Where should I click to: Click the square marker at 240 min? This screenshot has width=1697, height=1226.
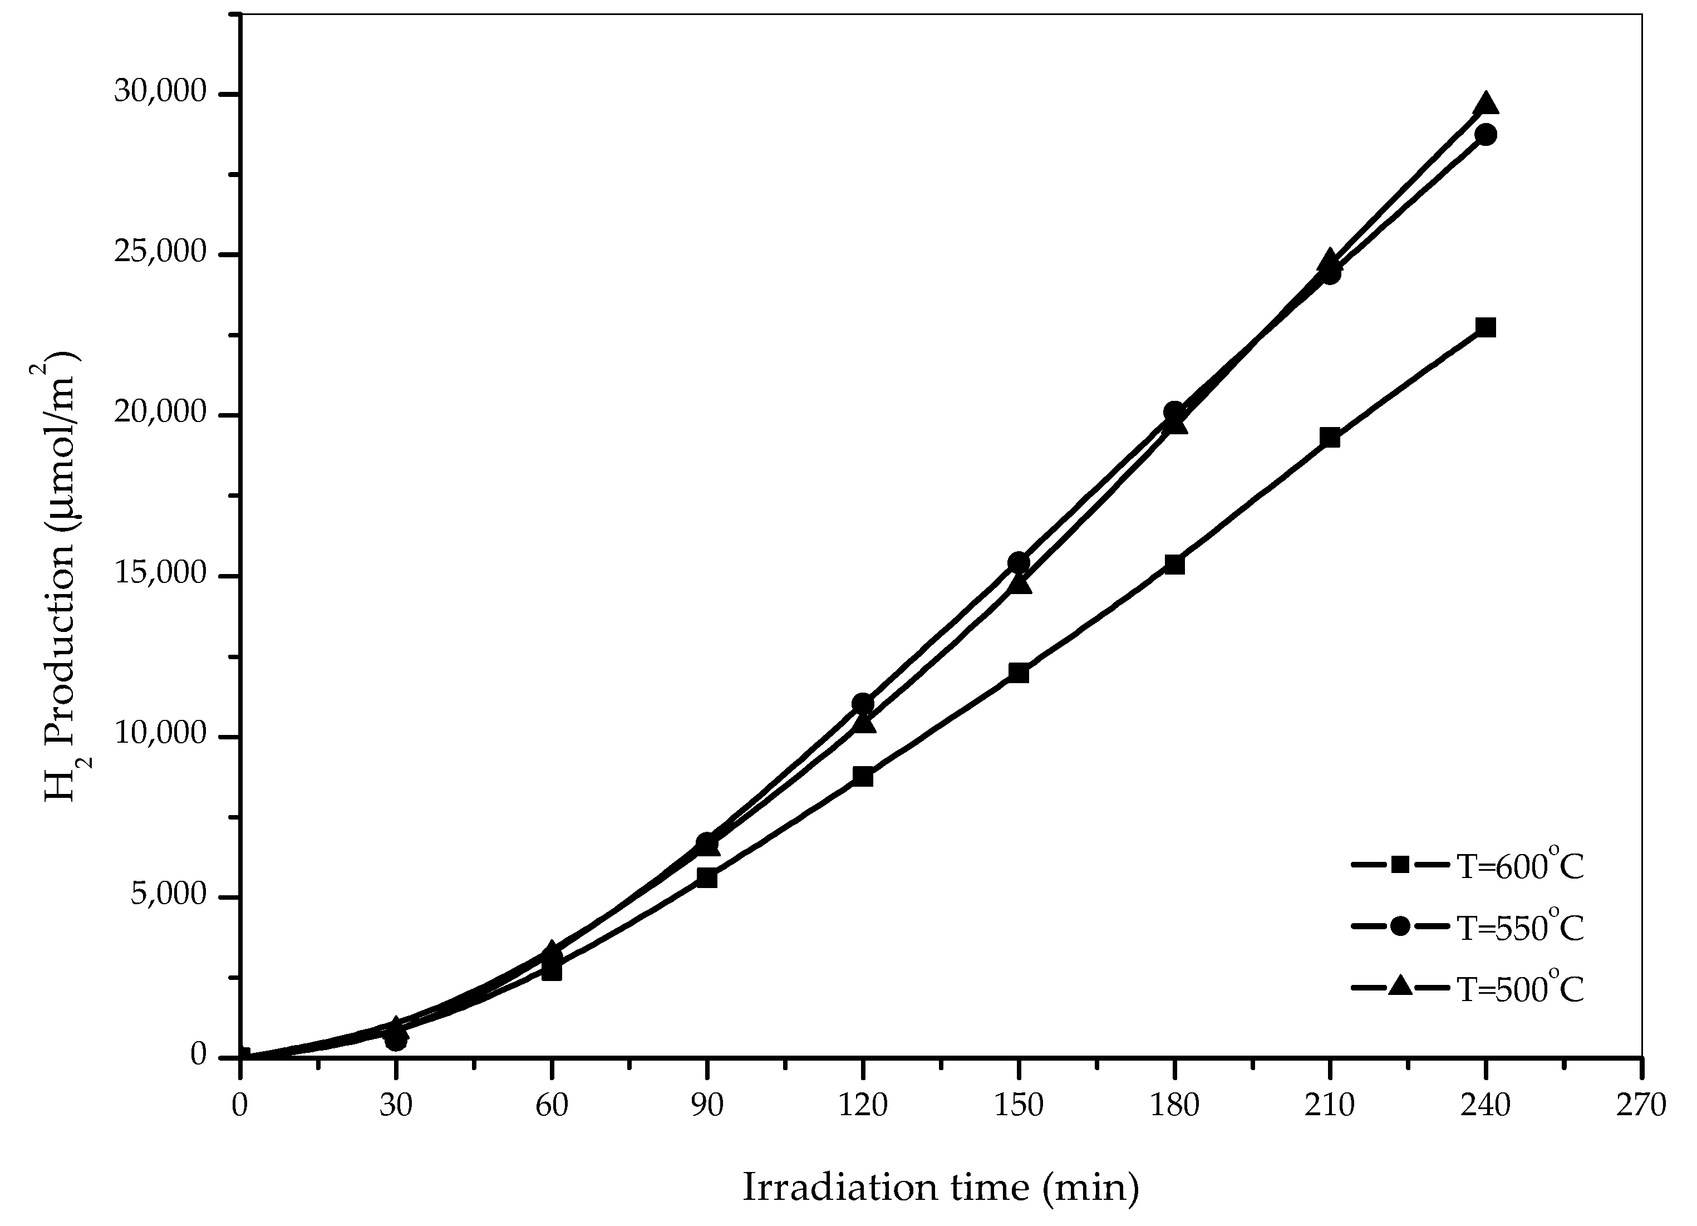tap(1486, 327)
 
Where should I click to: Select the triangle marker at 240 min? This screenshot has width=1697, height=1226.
tap(1486, 104)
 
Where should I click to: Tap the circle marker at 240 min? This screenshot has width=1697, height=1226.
tap(1486, 135)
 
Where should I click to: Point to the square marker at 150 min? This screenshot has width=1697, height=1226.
tap(1019, 673)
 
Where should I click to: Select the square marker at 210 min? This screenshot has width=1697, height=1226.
tap(1330, 438)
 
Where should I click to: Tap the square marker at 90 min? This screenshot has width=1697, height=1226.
tap(707, 878)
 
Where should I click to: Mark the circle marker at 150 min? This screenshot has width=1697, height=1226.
tap(1019, 563)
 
